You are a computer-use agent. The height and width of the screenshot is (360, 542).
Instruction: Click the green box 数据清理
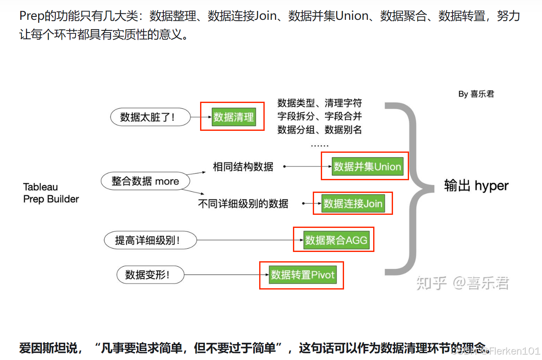point(233,116)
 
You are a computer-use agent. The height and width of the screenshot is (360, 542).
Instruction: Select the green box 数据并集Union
point(367,166)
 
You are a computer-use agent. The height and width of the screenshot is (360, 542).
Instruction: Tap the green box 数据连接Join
point(352,203)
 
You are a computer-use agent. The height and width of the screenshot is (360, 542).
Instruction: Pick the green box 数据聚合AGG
point(336,240)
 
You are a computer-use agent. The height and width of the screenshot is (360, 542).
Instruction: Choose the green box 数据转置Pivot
point(303,275)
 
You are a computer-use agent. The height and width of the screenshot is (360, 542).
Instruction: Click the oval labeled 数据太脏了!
point(150,117)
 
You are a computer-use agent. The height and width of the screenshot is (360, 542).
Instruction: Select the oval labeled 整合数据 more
point(145,181)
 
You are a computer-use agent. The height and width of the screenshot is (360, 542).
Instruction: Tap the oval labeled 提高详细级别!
point(150,241)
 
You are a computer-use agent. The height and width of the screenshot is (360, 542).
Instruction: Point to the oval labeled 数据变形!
point(150,275)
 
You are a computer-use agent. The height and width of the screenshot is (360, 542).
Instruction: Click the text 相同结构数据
point(243,167)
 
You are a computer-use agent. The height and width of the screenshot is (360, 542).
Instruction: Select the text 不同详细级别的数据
point(243,204)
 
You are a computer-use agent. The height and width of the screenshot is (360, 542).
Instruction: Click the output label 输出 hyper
point(476,186)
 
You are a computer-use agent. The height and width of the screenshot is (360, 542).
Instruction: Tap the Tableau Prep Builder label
point(51,193)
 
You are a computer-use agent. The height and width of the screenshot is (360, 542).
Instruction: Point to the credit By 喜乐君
point(476,94)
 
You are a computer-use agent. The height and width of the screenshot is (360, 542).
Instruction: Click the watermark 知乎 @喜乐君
point(462,283)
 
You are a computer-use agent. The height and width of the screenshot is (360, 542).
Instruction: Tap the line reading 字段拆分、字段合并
point(319,116)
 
